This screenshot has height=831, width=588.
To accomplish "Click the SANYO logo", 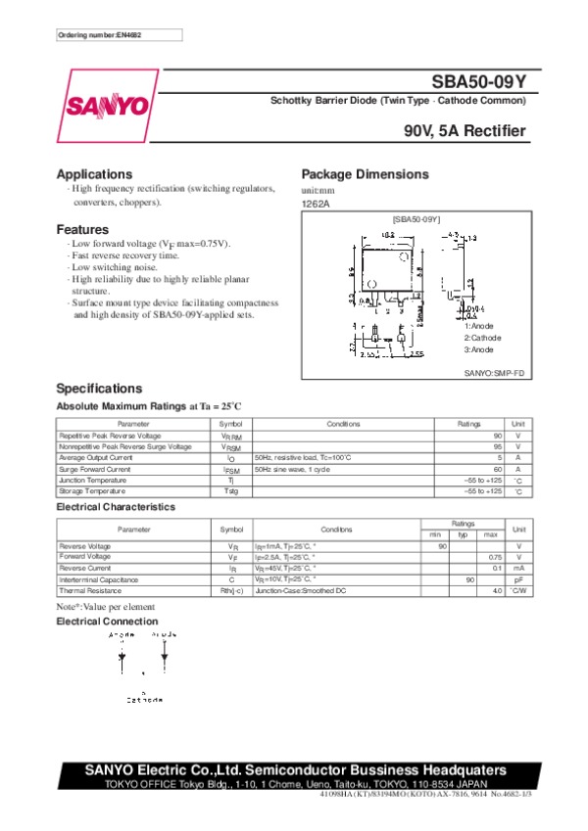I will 109,105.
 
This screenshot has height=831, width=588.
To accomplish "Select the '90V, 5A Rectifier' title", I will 464,131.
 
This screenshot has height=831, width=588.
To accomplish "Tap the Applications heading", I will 94,174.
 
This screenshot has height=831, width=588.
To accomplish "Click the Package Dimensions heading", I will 365,174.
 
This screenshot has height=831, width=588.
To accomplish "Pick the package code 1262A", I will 316,204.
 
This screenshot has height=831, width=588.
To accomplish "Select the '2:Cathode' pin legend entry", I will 482,338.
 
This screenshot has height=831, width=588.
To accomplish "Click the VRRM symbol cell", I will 230,435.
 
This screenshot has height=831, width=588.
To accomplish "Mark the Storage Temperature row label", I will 94,491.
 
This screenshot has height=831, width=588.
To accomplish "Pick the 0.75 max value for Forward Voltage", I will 495,556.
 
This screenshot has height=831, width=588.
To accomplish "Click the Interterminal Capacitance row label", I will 102,579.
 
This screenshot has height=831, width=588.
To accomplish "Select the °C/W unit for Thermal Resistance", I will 518,591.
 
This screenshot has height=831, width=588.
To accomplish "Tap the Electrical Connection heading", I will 107,622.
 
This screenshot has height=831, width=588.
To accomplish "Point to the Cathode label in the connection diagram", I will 144,700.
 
